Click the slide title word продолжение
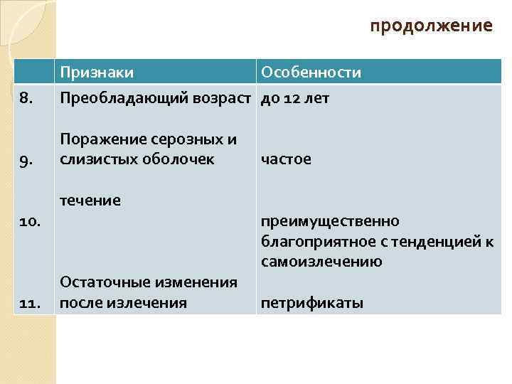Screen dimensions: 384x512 click(431, 26)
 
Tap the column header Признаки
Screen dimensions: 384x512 click(97, 73)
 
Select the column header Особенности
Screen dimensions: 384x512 click(311, 73)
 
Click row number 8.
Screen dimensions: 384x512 click(26, 97)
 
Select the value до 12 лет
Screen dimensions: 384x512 click(295, 97)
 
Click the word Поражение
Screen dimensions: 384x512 click(99, 139)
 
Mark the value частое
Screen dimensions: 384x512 click(286, 159)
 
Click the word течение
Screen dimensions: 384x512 click(90, 201)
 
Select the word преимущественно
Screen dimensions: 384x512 click(330, 221)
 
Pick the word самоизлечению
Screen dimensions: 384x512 click(321, 261)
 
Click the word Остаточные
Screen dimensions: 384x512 click(102, 282)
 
